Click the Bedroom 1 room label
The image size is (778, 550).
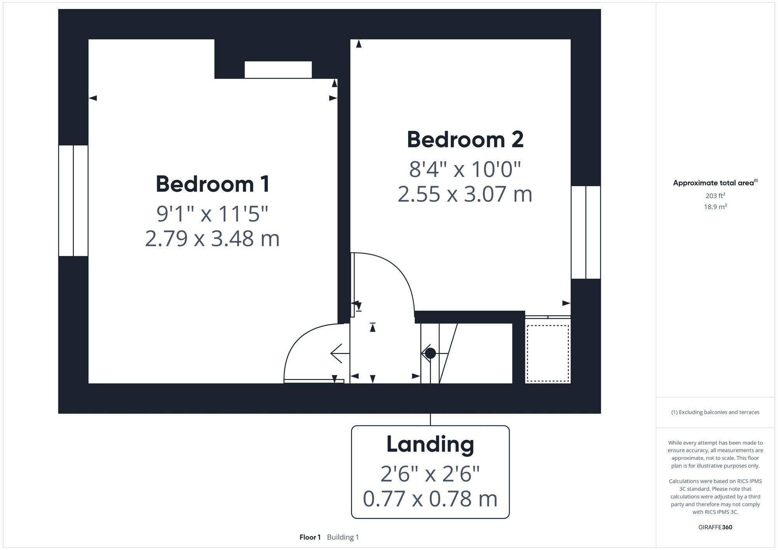213,184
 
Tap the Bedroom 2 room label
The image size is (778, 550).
465,140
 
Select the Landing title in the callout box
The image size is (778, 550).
430,444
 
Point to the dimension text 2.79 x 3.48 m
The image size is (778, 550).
212,239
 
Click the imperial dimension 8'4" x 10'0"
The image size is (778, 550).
465,169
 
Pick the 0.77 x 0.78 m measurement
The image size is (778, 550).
430,499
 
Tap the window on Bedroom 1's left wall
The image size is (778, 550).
73,201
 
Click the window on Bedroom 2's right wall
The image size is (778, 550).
585,232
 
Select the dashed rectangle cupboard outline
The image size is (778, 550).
548,353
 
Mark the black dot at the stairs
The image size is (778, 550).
430,353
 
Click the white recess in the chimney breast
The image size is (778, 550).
278,70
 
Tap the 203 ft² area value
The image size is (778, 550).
715,196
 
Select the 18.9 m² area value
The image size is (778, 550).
715,207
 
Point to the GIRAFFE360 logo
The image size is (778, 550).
715,527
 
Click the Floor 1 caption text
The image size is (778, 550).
310,537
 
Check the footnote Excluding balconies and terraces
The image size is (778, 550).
715,412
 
